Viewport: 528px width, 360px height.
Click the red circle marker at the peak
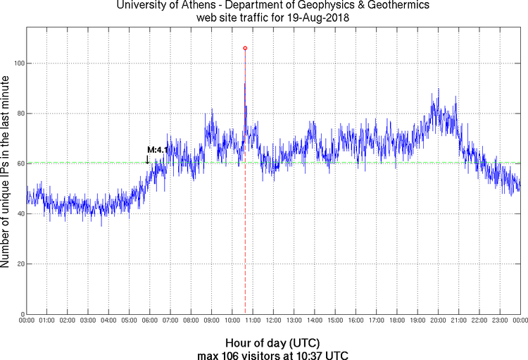(245, 48)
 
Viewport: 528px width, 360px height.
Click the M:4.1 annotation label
(158, 149)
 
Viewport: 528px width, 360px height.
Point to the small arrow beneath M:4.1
(148, 159)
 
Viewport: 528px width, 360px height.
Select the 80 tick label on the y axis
(19, 113)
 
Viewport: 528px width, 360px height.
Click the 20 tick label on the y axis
(19, 264)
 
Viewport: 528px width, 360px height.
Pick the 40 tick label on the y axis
(19, 214)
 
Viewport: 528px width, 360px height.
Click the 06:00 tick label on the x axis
(149, 321)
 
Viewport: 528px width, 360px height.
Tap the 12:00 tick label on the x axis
(273, 321)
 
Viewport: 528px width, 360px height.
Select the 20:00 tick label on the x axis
(438, 321)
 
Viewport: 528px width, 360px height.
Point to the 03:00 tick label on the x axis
(88, 321)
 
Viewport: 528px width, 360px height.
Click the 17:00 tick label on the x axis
(376, 321)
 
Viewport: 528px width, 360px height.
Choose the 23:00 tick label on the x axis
(500, 321)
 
